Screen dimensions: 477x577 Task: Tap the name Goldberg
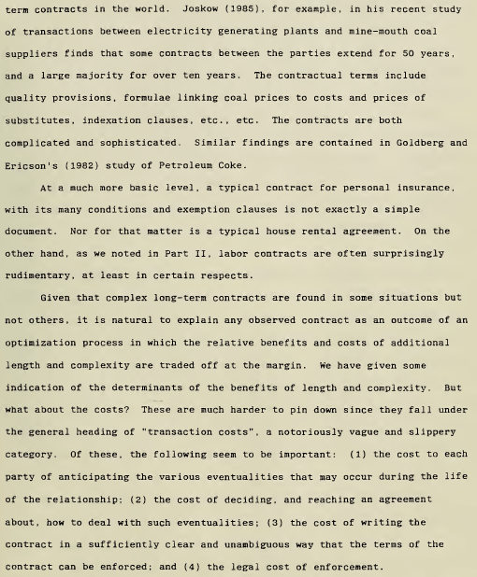coord(403,143)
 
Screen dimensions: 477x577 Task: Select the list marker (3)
coord(279,522)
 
